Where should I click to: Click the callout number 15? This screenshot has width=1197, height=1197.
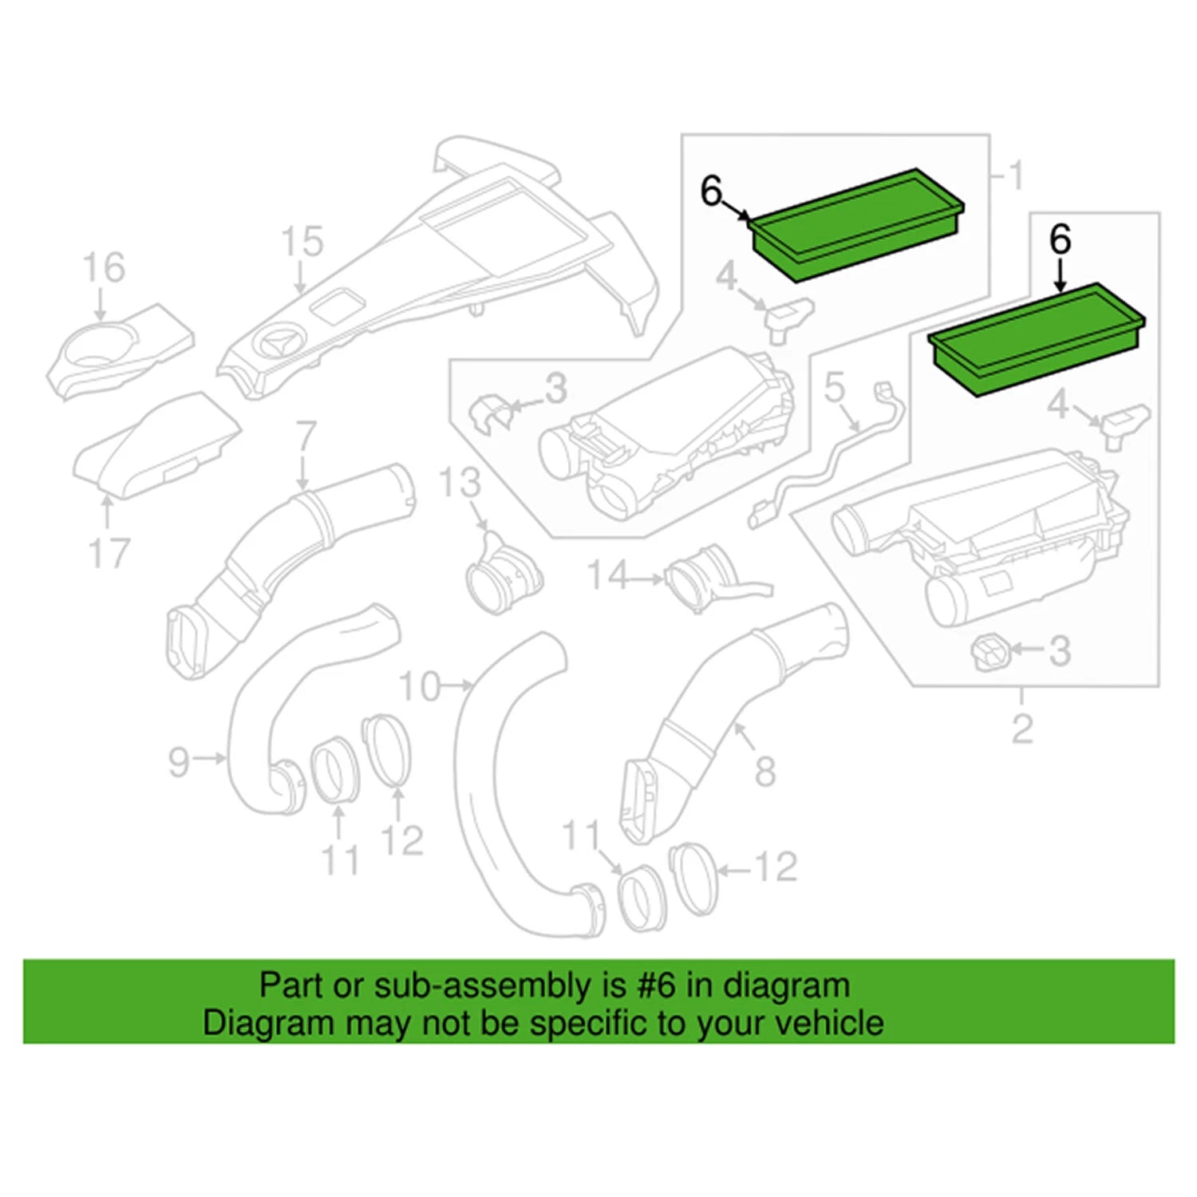302,242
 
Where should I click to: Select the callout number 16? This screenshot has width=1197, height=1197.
105,268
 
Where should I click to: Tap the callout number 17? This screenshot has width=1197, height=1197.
109,552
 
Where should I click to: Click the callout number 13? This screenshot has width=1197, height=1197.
460,483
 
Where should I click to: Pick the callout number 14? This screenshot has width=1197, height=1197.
609,575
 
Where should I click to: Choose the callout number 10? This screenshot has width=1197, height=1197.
420,685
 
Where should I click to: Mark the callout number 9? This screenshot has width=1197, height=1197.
180,761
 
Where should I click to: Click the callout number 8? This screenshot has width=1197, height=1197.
765,771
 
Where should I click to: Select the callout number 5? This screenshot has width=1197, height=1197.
834,388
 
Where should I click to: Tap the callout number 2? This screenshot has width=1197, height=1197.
1022,729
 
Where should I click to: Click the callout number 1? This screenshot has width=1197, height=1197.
1016,176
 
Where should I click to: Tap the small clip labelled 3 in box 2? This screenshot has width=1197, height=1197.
990,653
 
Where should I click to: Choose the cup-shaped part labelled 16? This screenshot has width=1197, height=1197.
120,348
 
